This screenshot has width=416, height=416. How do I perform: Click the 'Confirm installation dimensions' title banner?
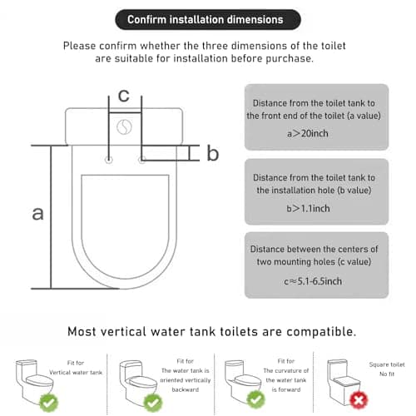[208, 20]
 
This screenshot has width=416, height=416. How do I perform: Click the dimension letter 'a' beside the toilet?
[38, 213]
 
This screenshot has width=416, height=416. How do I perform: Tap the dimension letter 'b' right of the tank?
[213, 153]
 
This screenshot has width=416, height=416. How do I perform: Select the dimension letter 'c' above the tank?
[124, 96]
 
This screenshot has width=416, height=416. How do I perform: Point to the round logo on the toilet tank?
[124, 127]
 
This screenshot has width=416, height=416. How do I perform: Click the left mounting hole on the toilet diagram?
[109, 160]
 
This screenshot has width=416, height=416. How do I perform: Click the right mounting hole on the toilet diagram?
[141, 160]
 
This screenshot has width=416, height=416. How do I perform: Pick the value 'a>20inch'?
[308, 133]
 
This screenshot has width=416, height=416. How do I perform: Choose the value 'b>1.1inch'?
[308, 208]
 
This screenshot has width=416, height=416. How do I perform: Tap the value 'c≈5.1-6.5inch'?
[313, 281]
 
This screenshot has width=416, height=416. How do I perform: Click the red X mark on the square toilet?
[359, 400]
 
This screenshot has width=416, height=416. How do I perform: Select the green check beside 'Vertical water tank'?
[49, 403]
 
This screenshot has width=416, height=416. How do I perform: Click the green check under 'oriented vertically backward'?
[153, 403]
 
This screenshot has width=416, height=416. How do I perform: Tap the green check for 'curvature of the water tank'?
[255, 399]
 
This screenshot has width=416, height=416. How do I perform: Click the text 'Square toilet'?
[387, 364]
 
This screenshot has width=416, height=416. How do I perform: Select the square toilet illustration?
[344, 382]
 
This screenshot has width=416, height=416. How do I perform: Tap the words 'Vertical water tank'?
[76, 373]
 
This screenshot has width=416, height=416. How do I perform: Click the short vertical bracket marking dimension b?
[190, 153]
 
